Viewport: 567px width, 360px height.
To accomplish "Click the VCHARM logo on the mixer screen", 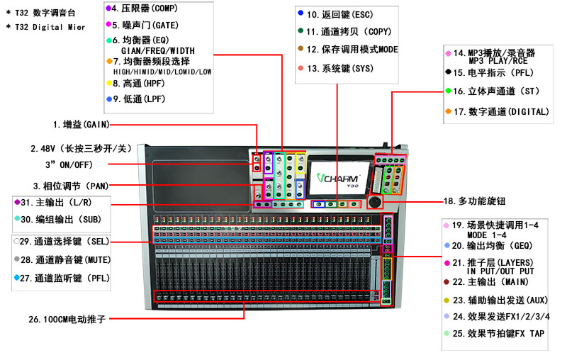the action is pyautogui.click(x=338, y=178).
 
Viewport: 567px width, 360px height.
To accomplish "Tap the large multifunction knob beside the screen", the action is pyautogui.click(x=375, y=202).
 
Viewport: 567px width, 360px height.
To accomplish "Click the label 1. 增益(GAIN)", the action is pyautogui.click(x=81, y=125).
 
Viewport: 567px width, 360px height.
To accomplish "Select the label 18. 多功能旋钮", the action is pyautogui.click(x=474, y=201).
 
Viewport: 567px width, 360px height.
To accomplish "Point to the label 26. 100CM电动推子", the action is pyautogui.click(x=67, y=319).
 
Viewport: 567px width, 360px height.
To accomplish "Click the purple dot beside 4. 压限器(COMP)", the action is pyautogui.click(x=108, y=8).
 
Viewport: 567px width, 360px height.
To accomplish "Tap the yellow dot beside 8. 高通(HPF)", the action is pyautogui.click(x=109, y=83).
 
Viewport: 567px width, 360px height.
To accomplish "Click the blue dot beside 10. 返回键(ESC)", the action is pyautogui.click(x=301, y=13).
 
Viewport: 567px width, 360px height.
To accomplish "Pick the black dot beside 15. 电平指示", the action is pyautogui.click(x=449, y=72).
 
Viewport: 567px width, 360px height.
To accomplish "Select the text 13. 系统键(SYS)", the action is pyautogui.click(x=340, y=69).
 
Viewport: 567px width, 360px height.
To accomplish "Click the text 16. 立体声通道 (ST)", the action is pyautogui.click(x=496, y=91).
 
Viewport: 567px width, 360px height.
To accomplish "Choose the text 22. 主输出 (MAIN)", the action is pyautogui.click(x=490, y=282).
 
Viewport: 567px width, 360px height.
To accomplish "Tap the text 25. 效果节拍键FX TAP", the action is pyautogui.click(x=499, y=334).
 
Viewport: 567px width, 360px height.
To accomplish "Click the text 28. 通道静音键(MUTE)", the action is pyautogui.click(x=65, y=260).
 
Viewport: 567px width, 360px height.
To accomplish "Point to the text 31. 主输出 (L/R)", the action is pyautogui.click(x=56, y=203).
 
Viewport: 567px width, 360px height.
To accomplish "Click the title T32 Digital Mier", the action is pyautogui.click(x=50, y=27).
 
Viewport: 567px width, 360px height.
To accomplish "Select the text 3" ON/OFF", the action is pyautogui.click(x=69, y=165).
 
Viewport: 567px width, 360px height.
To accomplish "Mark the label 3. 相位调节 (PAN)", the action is pyautogui.click(x=71, y=186).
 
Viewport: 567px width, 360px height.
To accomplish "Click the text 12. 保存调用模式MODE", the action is pyautogui.click(x=352, y=50).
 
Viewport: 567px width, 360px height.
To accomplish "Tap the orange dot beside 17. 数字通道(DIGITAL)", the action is pyautogui.click(x=449, y=111).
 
